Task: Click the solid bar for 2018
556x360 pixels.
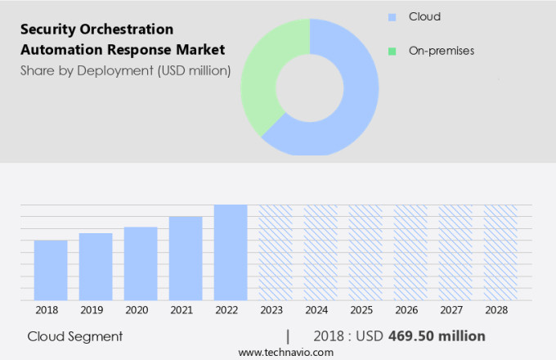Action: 51,270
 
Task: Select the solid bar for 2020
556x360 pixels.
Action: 141,263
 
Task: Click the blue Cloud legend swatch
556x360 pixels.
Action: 392,16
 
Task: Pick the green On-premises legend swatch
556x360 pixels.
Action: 392,51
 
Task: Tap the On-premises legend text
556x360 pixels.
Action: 442,51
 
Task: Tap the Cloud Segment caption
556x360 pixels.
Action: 75,336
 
